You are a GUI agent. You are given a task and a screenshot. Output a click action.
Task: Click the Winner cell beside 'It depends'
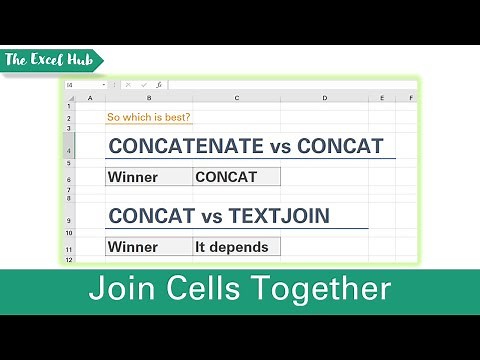150,246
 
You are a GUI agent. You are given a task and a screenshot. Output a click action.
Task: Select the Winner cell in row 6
150,178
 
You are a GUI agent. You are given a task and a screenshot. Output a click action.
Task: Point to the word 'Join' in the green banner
118,290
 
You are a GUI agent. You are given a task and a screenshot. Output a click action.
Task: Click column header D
325,98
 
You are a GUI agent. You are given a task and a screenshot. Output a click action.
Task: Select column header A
90,98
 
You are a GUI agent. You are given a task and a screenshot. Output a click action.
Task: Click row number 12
70,260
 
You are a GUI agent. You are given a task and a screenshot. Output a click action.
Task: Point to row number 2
70,118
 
